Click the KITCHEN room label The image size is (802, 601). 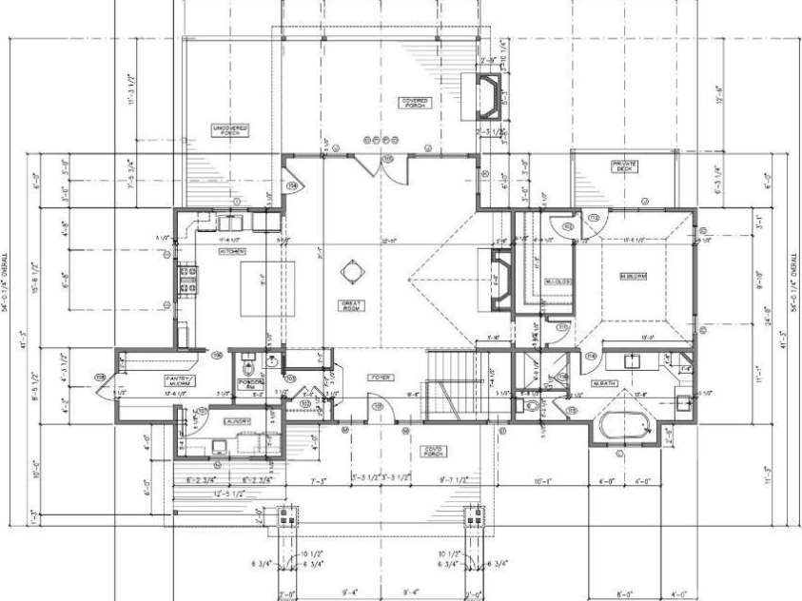(232, 252)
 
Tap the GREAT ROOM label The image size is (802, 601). (353, 305)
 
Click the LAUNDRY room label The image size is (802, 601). (237, 420)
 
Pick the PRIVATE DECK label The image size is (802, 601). (624, 166)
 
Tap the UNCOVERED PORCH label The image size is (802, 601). (228, 130)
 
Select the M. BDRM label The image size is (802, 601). (633, 277)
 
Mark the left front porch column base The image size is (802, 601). (288, 520)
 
